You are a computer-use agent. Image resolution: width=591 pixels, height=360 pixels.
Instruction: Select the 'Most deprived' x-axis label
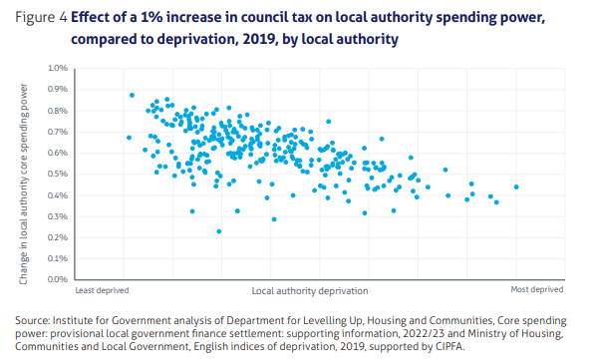[x=537, y=290]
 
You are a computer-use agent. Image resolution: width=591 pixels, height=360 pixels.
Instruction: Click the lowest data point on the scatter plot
[x=219, y=230]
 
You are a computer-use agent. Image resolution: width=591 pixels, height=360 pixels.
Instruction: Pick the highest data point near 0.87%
[x=132, y=96]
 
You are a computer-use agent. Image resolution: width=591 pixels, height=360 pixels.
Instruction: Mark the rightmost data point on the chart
[x=516, y=186]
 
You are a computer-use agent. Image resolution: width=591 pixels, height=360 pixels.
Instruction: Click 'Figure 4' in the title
[x=41, y=19]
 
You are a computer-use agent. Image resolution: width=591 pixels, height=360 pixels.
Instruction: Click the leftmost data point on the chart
[x=129, y=138]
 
